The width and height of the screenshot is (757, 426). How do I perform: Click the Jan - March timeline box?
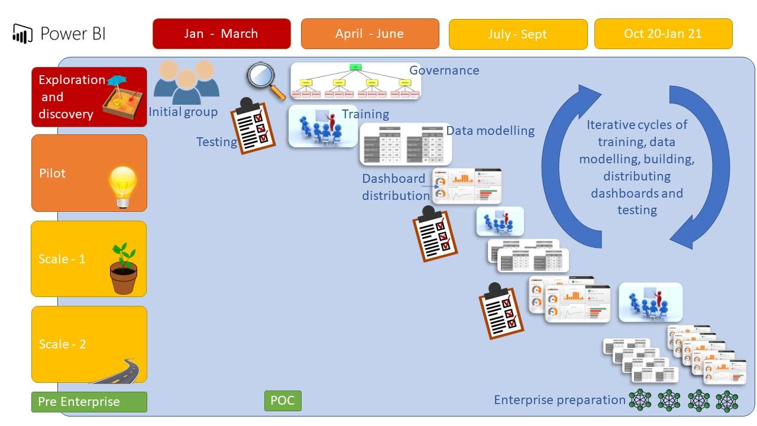pyautogui.click(x=221, y=34)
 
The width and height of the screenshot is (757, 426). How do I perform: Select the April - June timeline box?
pyautogui.click(x=370, y=34)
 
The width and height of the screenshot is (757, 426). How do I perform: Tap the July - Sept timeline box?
pyautogui.click(x=518, y=34)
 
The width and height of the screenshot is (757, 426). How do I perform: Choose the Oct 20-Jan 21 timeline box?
pyautogui.click(x=663, y=34)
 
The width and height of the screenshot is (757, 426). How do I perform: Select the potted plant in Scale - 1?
pyautogui.click(x=123, y=269)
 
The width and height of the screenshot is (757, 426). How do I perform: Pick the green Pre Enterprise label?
pyautogui.click(x=89, y=402)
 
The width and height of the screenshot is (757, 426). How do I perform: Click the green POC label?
pyautogui.click(x=283, y=400)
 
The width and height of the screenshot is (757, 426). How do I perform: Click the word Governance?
pyautogui.click(x=444, y=70)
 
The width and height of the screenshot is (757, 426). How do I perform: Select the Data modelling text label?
pyautogui.click(x=490, y=131)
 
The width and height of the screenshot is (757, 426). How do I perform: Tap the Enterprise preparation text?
pyautogui.click(x=559, y=400)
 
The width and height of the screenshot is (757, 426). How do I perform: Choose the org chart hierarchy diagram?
pyautogui.click(x=355, y=81)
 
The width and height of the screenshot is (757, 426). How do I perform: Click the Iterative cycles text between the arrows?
pyautogui.click(x=637, y=167)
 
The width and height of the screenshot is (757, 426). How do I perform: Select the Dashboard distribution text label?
pyautogui.click(x=396, y=187)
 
